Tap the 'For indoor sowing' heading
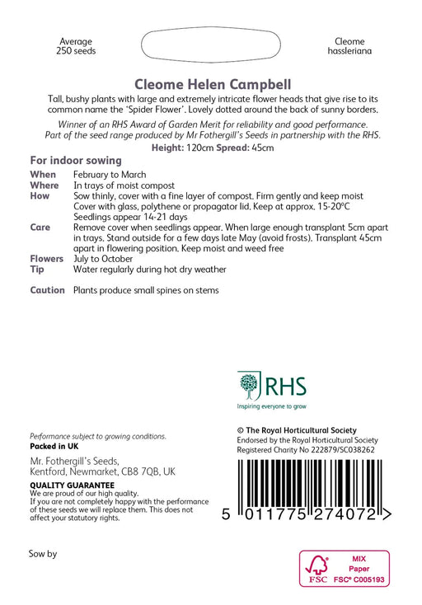point(76,160)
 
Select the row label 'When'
point(43,175)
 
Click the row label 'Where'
point(45,185)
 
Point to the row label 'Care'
point(40,227)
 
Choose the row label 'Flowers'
point(47,258)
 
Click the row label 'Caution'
point(47,290)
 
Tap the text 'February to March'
point(110,175)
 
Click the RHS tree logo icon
point(250,386)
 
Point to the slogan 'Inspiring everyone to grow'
point(271,406)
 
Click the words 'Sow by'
point(43,554)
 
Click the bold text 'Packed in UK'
point(54,446)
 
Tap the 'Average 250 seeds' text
point(77,46)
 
